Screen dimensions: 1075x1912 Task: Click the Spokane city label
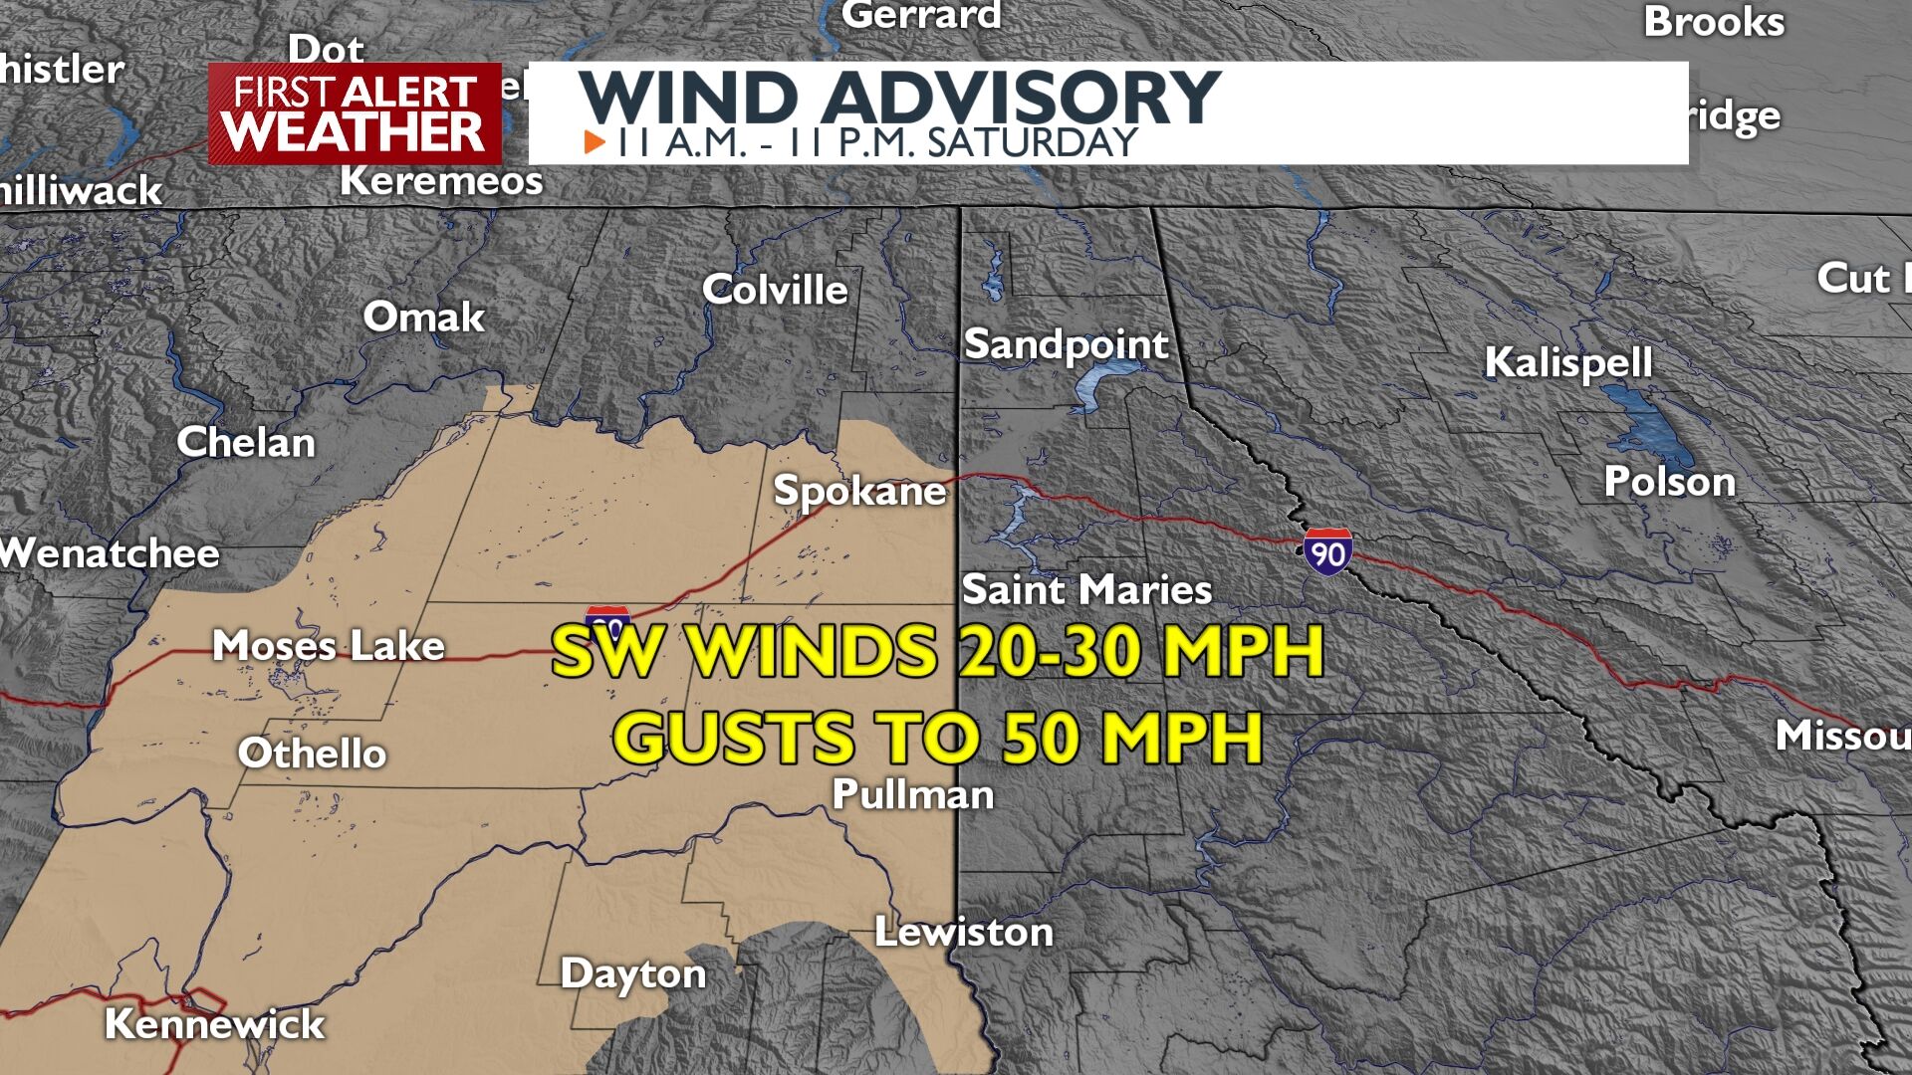coord(859,491)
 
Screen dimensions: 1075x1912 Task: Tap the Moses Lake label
coord(328,646)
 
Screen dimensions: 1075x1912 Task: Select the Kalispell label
coord(1567,362)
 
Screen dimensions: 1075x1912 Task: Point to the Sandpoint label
coord(1066,344)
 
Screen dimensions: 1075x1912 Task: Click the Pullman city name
coord(912,794)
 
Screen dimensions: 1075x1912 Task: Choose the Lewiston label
coord(963,933)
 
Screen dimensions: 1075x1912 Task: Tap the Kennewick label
coord(214,1024)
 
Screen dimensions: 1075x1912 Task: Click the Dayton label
coord(632,973)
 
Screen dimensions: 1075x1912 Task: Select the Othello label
coord(312,753)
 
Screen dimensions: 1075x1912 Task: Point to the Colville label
coord(775,290)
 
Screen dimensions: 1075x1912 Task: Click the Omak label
coord(423,318)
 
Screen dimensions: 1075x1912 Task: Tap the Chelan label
coord(246,443)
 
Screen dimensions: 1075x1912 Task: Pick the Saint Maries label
coord(1086,590)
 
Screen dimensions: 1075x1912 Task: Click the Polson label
coord(1669,482)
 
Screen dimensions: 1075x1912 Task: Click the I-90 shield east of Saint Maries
coord(1327,550)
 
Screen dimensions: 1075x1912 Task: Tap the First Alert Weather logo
coord(355,113)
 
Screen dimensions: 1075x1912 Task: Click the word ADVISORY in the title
coord(1020,98)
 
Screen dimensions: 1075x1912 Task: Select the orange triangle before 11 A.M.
coord(595,142)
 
